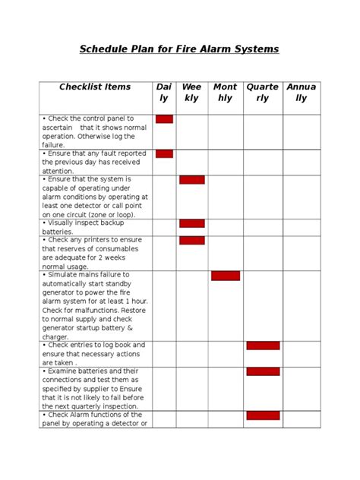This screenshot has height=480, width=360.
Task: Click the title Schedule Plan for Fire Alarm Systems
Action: click(x=180, y=49)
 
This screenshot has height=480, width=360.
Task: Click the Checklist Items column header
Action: click(x=95, y=87)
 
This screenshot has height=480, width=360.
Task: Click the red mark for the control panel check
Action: click(x=164, y=119)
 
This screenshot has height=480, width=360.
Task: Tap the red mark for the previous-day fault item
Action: click(x=164, y=154)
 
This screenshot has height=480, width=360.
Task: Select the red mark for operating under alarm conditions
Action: click(x=191, y=180)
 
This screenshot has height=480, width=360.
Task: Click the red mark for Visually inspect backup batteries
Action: click(x=191, y=223)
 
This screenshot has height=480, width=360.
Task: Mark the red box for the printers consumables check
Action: click(x=191, y=241)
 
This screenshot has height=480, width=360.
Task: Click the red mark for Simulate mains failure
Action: click(x=226, y=276)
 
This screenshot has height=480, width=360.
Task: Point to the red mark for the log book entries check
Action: click(x=263, y=346)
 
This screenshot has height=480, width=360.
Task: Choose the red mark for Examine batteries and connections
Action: click(x=263, y=371)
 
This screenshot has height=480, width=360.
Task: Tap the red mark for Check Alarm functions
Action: click(x=263, y=415)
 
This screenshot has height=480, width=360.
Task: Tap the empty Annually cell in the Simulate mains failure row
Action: click(x=302, y=305)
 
